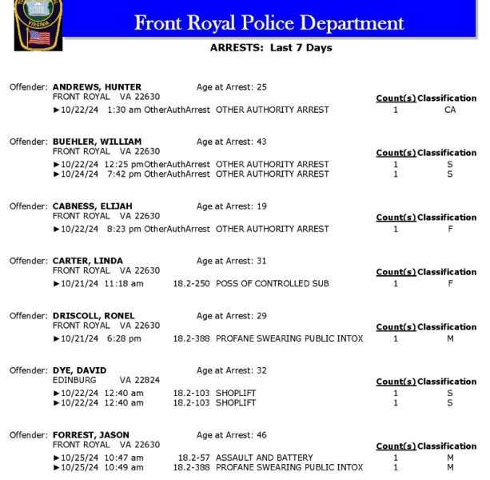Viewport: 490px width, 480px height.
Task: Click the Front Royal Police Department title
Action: click(x=269, y=22)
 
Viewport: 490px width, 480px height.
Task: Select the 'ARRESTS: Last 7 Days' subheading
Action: click(x=270, y=48)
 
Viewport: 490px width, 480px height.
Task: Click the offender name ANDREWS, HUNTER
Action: click(x=97, y=87)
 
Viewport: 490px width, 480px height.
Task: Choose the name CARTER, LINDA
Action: click(x=89, y=261)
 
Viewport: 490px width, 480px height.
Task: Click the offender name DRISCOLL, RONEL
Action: click(x=94, y=316)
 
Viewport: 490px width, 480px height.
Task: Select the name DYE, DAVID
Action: click(x=78, y=370)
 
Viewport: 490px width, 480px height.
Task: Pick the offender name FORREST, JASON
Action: click(x=90, y=435)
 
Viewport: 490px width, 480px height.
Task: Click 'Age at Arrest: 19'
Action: click(x=231, y=206)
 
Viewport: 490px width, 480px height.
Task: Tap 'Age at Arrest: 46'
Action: click(x=231, y=435)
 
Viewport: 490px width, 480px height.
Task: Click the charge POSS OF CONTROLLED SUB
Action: click(x=272, y=284)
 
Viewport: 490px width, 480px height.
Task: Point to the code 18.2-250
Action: click(x=191, y=284)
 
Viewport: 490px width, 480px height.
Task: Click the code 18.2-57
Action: click(x=193, y=458)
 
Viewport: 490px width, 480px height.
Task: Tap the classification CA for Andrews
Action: click(x=449, y=110)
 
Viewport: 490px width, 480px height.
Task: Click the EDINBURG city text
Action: click(x=74, y=380)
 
